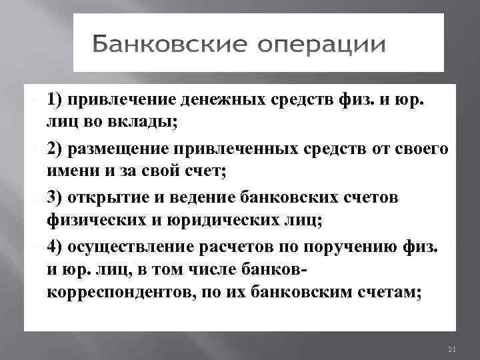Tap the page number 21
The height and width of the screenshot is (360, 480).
451,349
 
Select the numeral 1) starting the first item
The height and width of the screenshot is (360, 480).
55,100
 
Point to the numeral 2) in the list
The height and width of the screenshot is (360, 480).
55,149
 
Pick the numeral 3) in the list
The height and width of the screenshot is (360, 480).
55,197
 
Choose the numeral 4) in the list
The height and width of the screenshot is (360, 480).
55,246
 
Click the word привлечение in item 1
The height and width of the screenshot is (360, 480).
123,100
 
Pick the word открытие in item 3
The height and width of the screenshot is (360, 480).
109,197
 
